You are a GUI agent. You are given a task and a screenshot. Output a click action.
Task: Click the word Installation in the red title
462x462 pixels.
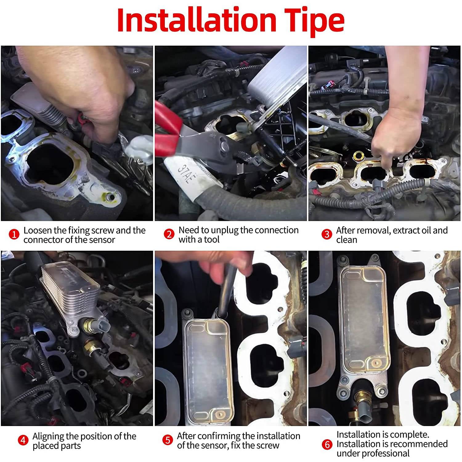[x=197, y=20]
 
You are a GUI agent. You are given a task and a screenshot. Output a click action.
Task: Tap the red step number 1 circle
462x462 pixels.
[x=14, y=235]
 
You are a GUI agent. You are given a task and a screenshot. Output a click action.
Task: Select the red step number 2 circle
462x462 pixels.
[x=169, y=235]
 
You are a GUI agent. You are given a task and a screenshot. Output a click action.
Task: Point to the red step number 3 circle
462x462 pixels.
[x=326, y=235]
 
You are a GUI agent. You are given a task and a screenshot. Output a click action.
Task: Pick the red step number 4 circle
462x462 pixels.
[x=23, y=440]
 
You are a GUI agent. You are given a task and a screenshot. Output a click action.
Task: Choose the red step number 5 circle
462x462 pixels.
[x=168, y=440]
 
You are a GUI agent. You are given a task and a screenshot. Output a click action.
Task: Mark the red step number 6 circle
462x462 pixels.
[x=327, y=444]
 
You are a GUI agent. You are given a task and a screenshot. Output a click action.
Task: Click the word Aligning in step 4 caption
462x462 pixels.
[x=48, y=437]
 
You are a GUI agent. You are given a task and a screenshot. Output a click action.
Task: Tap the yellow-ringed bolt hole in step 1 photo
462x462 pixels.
[x=110, y=196]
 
